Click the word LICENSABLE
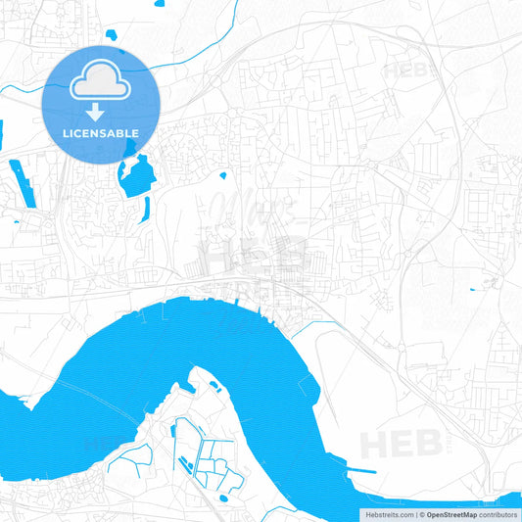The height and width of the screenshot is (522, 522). [x=100, y=132]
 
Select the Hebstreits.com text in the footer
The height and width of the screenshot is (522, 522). [x=387, y=514]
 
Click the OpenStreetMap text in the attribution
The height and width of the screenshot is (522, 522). [x=451, y=514]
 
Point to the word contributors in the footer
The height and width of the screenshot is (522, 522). [x=498, y=514]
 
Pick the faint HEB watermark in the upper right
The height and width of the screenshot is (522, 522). [x=412, y=71]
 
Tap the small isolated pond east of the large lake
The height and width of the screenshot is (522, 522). [x=223, y=176]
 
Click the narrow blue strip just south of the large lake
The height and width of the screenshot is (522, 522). [x=146, y=209]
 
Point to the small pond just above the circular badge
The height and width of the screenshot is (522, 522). [x=111, y=35]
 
